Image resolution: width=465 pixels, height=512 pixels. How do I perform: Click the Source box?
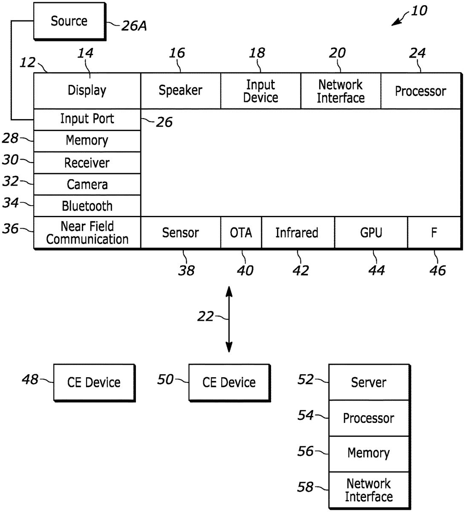[x=69, y=21]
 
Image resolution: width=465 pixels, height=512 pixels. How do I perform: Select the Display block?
[x=87, y=90]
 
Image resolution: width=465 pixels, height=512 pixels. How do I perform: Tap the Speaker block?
[x=180, y=90]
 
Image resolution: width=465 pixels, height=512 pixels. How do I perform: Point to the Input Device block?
[x=260, y=91]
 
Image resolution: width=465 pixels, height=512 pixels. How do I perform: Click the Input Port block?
[x=87, y=119]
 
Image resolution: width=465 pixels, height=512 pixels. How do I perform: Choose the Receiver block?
[x=87, y=163]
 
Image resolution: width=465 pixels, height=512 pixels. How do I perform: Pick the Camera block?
[x=87, y=184]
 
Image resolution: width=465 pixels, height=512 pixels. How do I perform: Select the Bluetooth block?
[x=87, y=206]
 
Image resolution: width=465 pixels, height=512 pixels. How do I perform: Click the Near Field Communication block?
[x=87, y=233]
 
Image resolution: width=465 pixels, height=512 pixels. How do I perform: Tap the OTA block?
[x=241, y=233]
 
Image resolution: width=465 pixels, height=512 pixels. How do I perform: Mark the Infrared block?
[x=297, y=233]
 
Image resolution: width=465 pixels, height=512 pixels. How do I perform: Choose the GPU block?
[x=371, y=233]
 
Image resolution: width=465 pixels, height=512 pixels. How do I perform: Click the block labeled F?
[x=434, y=233]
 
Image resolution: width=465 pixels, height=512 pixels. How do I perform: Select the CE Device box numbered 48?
[x=94, y=382]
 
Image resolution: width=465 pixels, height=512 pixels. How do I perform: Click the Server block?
[x=368, y=382]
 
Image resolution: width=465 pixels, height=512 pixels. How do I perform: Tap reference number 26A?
[x=134, y=26]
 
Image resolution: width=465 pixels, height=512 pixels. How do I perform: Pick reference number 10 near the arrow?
[x=419, y=10]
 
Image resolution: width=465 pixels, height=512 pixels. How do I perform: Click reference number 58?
[x=306, y=487]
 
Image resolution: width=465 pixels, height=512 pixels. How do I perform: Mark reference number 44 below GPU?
[x=376, y=270]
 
